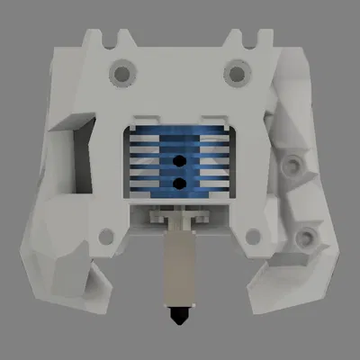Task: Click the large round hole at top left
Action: pos(119,69)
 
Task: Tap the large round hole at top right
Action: pos(236,69)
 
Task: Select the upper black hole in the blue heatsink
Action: pos(179,162)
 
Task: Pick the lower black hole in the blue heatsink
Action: pos(179,183)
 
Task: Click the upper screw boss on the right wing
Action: pos(293,166)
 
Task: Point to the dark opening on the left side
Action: pos(76,153)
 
